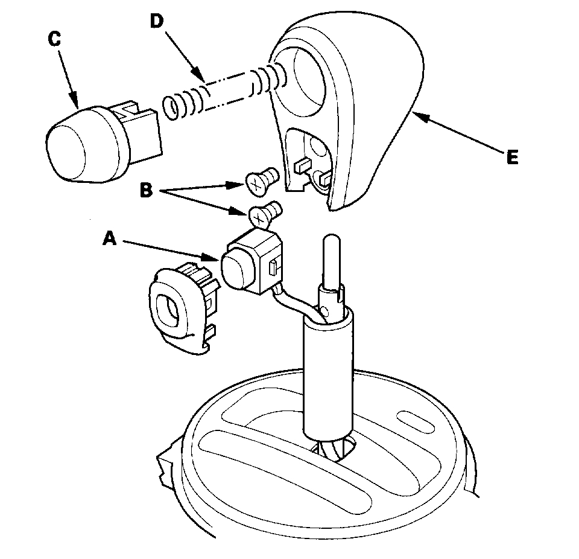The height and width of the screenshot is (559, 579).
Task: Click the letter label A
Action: pyautogui.click(x=109, y=240)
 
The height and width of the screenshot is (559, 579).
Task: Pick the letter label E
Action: pyautogui.click(x=512, y=158)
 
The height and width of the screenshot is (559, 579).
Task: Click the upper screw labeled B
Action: pyautogui.click(x=261, y=180)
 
